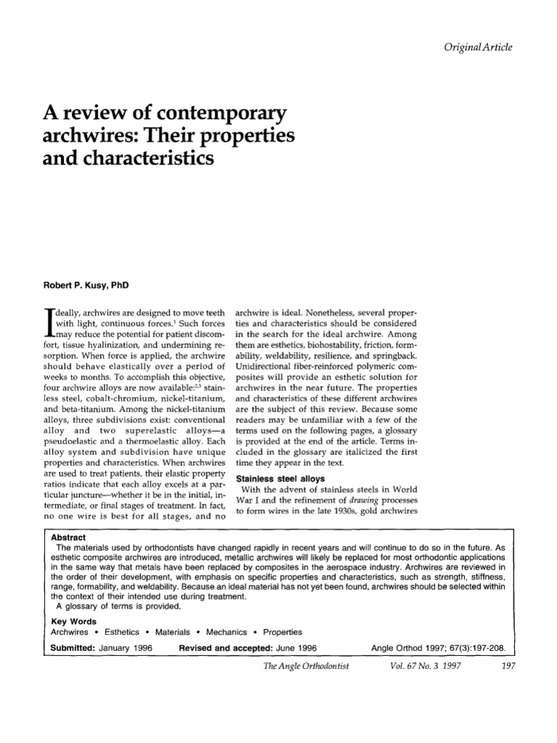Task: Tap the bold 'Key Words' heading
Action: [69, 622]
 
